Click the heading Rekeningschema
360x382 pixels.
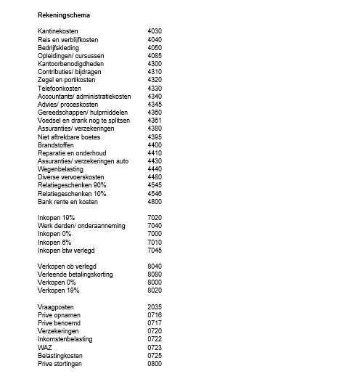tap(65, 15)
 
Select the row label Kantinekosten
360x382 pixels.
tap(59, 31)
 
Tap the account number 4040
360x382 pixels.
tap(154, 39)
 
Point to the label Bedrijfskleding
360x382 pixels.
tap(60, 47)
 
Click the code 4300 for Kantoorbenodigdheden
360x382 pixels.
tap(154, 64)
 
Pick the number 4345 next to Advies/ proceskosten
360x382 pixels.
tap(154, 104)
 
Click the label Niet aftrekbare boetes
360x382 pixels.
tap(69, 137)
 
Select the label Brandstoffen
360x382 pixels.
tap(57, 145)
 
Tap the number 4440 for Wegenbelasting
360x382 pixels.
tap(154, 168)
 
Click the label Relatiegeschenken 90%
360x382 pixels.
tap(71, 184)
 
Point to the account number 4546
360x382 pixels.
tap(154, 193)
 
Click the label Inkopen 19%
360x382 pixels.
tap(56, 218)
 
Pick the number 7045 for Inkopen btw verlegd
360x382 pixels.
tap(154, 250)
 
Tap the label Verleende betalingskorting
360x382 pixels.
tap(76, 275)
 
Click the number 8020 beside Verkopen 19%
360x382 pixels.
tap(154, 290)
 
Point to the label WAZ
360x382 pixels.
tap(44, 347)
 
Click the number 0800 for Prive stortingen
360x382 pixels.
tap(154, 363)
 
